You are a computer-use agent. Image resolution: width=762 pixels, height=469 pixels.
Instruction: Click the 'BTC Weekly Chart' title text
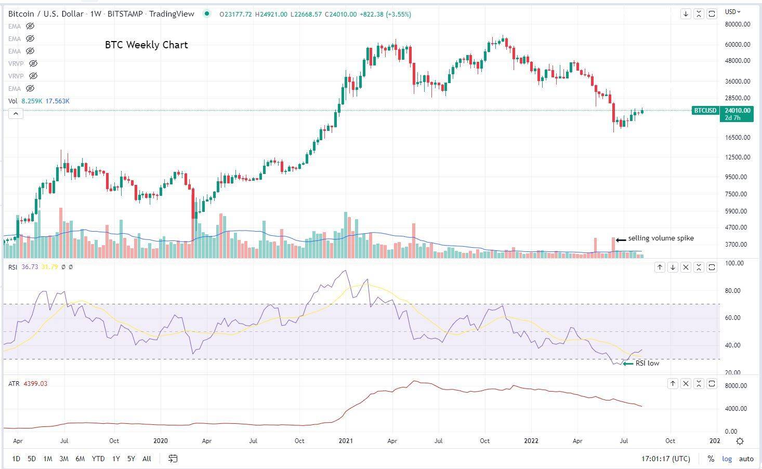click(x=146, y=45)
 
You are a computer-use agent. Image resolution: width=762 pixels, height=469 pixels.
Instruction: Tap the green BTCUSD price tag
click(x=705, y=111)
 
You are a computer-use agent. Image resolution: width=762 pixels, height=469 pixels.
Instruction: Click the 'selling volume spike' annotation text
click(x=661, y=238)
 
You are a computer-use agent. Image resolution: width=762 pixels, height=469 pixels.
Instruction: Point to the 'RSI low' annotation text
click(x=647, y=364)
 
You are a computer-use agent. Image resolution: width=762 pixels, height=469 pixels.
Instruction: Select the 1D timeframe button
click(x=16, y=459)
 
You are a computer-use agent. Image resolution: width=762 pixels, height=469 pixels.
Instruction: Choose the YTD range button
click(x=98, y=459)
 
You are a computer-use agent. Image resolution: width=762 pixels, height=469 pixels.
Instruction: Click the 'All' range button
click(x=147, y=459)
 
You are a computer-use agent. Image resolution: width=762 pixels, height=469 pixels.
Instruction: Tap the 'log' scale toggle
click(x=727, y=459)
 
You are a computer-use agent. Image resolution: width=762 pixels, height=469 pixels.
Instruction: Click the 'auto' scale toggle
click(x=746, y=459)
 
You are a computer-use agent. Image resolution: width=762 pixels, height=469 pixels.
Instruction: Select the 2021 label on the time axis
click(x=346, y=441)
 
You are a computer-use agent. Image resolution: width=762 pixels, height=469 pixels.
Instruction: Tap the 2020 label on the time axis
click(x=161, y=441)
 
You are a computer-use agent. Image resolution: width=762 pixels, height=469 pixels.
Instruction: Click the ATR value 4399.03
click(x=35, y=384)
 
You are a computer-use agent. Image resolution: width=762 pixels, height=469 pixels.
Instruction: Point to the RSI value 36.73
click(x=30, y=267)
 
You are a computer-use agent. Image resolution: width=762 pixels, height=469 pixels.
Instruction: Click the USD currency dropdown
click(x=733, y=12)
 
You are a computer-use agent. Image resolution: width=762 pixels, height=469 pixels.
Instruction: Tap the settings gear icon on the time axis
click(x=740, y=441)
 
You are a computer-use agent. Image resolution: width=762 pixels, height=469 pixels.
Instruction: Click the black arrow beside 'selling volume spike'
click(x=621, y=239)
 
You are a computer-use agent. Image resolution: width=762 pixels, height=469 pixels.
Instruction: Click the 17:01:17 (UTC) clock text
click(x=666, y=459)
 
